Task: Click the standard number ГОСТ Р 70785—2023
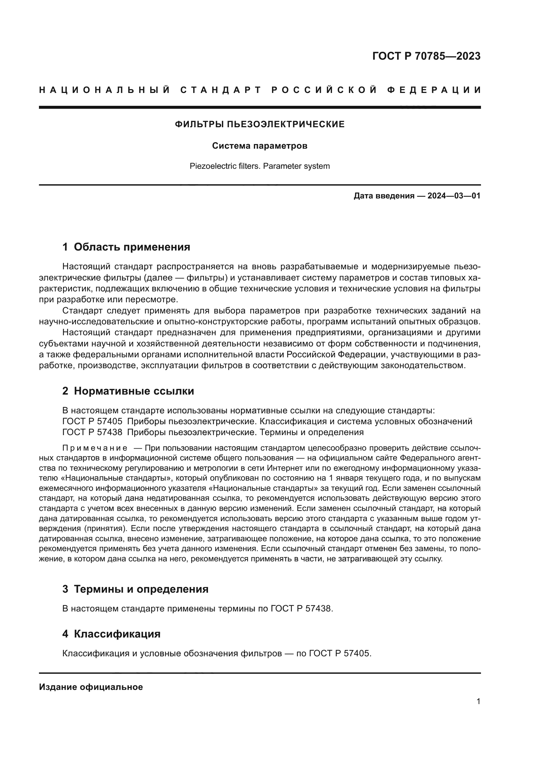426,56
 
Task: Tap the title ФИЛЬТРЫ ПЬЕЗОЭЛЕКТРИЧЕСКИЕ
260,125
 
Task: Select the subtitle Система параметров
260,146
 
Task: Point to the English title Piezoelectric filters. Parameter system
260,166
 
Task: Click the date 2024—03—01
454,196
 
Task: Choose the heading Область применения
132,247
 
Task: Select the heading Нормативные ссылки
134,391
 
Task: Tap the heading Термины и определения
141,589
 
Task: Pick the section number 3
65,589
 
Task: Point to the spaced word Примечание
95,448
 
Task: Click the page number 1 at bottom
478,701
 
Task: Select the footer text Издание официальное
91,687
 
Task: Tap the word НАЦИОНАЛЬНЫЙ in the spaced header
105,90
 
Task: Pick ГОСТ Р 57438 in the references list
92,432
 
